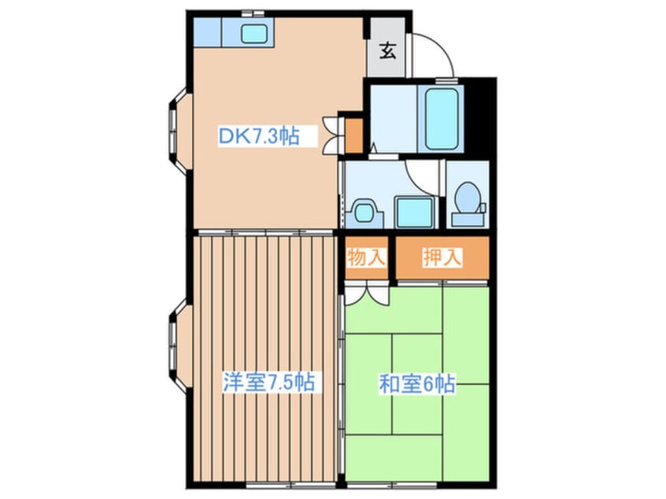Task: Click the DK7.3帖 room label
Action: (258, 136)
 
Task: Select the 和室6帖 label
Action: (417, 385)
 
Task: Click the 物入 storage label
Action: (366, 257)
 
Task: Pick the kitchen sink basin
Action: (254, 34)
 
